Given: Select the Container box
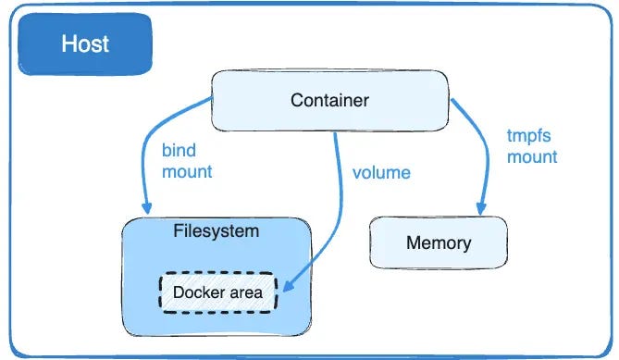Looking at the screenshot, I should coord(329,101).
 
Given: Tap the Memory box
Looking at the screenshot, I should coord(438,243).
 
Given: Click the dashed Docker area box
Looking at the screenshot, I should coord(219,292).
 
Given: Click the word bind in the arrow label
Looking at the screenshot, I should coord(180,151).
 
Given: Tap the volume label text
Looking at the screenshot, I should coord(381,171).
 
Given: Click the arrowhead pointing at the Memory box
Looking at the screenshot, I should coord(480,208).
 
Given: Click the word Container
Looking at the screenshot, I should coord(329,101).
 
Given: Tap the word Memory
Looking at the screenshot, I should coord(438,243).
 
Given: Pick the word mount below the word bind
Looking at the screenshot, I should coord(187,171).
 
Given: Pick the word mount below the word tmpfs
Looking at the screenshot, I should coord(532,156).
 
